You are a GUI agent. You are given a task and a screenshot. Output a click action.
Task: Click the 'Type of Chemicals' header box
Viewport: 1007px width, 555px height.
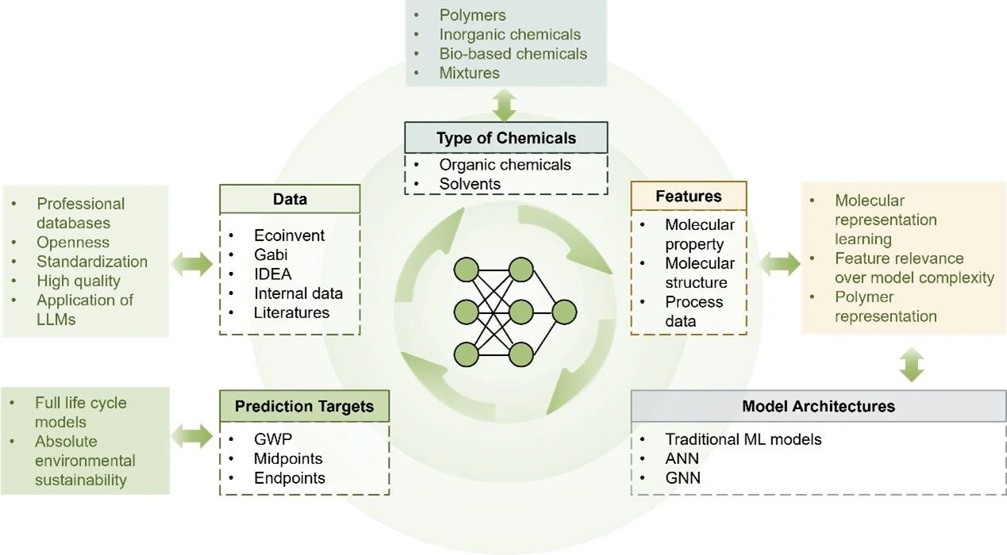pyautogui.click(x=505, y=138)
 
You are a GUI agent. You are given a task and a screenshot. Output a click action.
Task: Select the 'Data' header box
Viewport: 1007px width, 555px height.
pyautogui.click(x=290, y=199)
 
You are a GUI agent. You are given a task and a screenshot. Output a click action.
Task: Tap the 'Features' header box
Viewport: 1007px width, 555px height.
pyautogui.click(x=688, y=196)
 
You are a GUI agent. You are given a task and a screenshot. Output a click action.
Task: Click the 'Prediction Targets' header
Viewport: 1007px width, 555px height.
pyautogui.click(x=304, y=407)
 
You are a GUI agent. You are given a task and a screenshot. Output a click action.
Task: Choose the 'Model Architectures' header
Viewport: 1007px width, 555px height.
pyautogui.click(x=817, y=407)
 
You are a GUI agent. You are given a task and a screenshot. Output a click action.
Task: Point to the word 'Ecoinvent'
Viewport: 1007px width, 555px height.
pyautogui.click(x=289, y=235)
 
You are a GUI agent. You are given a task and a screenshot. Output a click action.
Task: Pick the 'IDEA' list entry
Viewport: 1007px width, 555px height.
pyautogui.click(x=273, y=274)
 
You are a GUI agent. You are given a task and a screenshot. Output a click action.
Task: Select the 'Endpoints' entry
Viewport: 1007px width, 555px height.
pyautogui.click(x=289, y=478)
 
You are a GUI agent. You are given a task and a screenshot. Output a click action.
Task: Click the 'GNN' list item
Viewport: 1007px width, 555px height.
pyautogui.click(x=682, y=478)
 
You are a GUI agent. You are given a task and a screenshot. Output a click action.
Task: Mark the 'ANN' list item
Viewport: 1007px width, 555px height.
pyautogui.click(x=682, y=458)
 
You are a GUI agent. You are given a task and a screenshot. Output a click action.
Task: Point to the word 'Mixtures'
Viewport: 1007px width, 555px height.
pyautogui.click(x=469, y=73)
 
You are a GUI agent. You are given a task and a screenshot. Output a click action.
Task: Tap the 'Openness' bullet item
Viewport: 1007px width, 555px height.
pyautogui.click(x=73, y=243)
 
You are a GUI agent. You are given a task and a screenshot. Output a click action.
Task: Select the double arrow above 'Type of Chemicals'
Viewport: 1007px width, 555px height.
pyautogui.click(x=505, y=105)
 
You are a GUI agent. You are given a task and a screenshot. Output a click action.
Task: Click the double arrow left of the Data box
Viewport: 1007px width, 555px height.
pyautogui.click(x=194, y=264)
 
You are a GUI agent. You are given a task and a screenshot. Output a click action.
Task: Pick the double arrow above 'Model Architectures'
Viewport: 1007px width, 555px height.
pyautogui.click(x=912, y=364)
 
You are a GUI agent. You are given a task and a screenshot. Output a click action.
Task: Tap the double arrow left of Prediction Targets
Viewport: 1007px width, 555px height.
pyautogui.click(x=194, y=434)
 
